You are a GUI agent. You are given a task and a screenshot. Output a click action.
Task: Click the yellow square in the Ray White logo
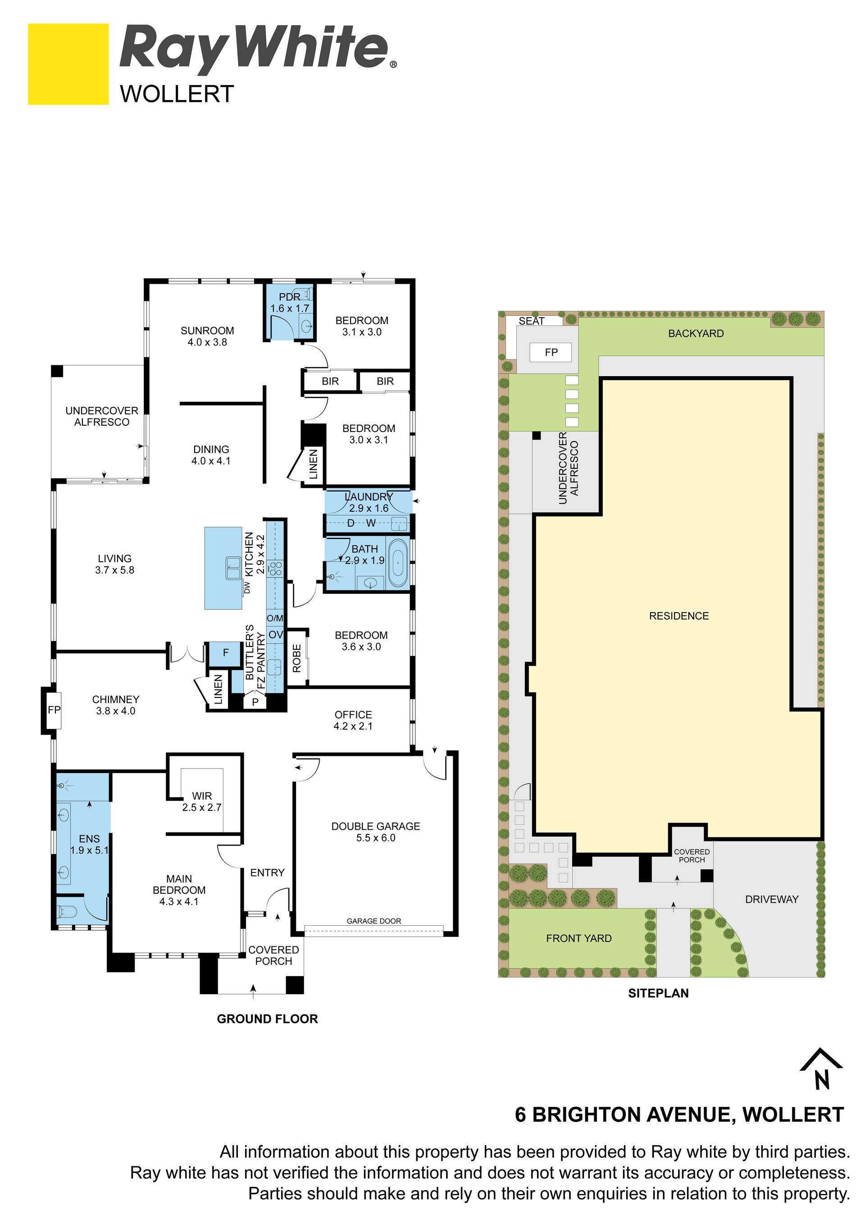tap(68, 64)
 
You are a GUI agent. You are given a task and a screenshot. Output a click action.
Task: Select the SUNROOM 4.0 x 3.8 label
tap(207, 336)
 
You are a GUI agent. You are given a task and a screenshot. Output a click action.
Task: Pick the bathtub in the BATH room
tap(398, 563)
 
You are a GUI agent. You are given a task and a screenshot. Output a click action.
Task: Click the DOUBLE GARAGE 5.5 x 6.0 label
tap(375, 832)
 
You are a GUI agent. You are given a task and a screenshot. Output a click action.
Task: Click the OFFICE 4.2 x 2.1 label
tap(353, 720)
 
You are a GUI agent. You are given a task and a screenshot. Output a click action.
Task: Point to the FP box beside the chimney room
tap(55, 710)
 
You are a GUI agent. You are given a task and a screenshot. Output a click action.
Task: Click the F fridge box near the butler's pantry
tap(226, 653)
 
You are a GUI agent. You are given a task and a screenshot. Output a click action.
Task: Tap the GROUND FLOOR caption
tap(267, 1019)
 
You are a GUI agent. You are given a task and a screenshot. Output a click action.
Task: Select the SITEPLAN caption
tap(658, 993)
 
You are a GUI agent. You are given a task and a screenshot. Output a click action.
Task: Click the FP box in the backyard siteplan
tap(551, 352)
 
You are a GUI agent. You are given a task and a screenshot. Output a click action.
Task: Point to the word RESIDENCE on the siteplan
tap(679, 616)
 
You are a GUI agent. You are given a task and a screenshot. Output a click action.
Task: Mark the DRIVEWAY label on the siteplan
tap(772, 899)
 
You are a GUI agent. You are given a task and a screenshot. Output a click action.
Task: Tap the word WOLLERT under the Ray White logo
tap(177, 94)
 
